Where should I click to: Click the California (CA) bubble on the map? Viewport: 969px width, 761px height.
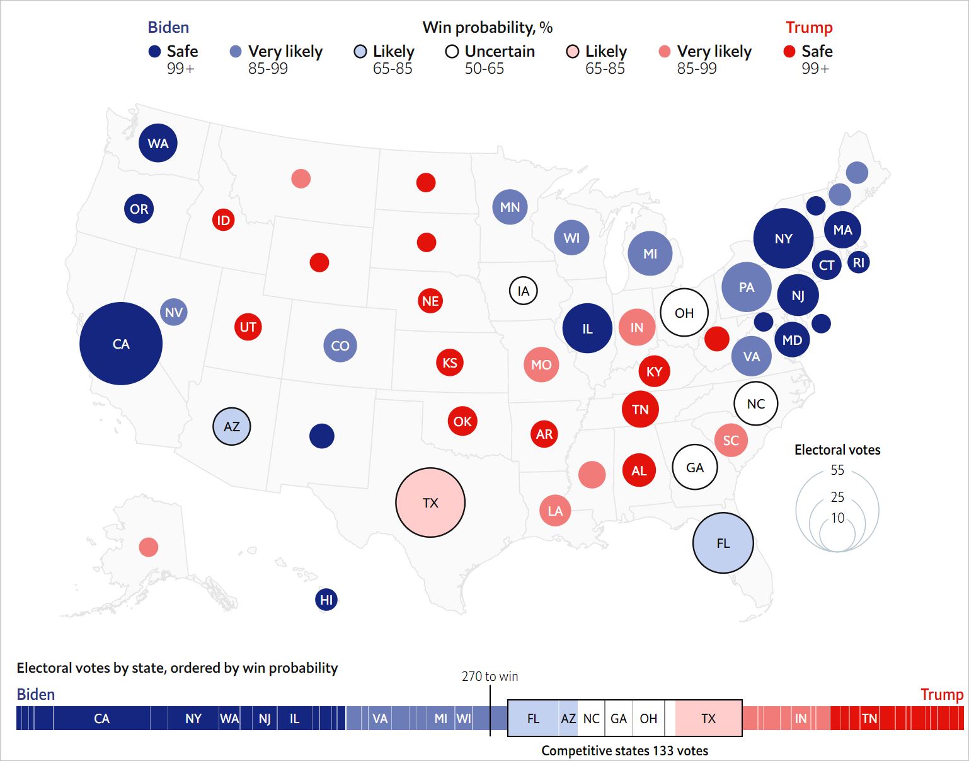pyautogui.click(x=121, y=344)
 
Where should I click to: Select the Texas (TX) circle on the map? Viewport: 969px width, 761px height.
pyautogui.click(x=430, y=502)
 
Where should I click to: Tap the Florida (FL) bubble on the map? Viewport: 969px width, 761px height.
pyautogui.click(x=723, y=543)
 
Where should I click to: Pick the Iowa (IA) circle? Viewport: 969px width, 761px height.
pyautogui.click(x=523, y=291)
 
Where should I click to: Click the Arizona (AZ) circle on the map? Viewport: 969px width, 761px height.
pyautogui.click(x=232, y=426)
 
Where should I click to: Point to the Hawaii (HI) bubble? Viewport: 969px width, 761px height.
pyautogui.click(x=326, y=600)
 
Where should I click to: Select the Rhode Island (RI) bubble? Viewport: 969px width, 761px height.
pyautogui.click(x=859, y=262)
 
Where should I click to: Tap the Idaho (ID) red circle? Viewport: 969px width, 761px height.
pyautogui.click(x=223, y=220)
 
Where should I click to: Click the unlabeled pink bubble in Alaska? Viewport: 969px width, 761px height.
pyautogui.click(x=149, y=547)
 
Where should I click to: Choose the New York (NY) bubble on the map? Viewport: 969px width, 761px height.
pyautogui.click(x=783, y=238)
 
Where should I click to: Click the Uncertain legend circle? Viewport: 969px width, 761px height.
pyautogui.click(x=452, y=52)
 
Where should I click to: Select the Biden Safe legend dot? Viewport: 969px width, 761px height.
pyautogui.click(x=154, y=52)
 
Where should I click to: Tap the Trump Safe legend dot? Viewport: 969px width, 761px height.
pyautogui.click(x=789, y=52)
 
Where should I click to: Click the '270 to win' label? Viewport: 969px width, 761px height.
pyautogui.click(x=490, y=677)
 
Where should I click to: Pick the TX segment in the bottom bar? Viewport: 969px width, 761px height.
pyautogui.click(x=708, y=718)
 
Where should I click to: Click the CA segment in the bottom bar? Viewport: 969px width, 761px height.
pyautogui.click(x=101, y=718)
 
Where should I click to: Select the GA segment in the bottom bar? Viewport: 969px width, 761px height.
pyautogui.click(x=619, y=718)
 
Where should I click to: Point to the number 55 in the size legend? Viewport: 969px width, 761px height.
pyautogui.click(x=837, y=470)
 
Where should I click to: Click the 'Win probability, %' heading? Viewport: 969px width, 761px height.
pyautogui.click(x=487, y=27)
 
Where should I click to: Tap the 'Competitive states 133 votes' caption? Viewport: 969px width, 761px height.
pyautogui.click(x=624, y=750)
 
